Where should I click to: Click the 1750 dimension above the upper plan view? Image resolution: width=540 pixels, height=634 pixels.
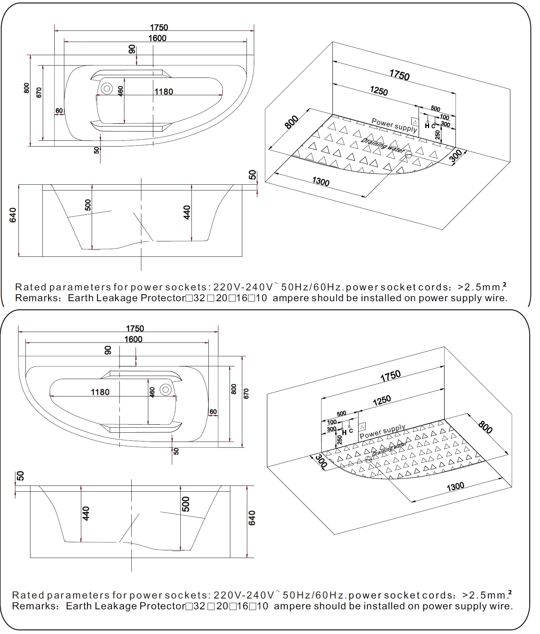159,28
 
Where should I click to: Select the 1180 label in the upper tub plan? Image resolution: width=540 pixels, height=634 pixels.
164,92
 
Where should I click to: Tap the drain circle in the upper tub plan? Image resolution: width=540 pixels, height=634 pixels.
106,89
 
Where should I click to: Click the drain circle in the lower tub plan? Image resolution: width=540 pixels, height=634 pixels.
166,390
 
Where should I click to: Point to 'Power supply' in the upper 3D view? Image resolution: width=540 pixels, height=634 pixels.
394,125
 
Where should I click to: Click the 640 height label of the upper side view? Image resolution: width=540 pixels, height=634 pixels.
13,215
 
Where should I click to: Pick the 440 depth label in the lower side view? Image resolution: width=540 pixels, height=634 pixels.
86,513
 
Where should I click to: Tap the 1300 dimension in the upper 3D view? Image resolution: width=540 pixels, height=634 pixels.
320,181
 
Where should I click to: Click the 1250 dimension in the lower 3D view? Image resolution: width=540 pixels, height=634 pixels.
382,401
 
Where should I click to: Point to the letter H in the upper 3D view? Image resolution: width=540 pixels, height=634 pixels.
427,126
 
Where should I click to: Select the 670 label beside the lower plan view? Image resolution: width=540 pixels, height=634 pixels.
247,393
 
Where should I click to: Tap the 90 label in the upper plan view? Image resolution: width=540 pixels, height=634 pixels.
132,49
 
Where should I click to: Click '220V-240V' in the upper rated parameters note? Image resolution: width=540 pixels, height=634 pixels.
243,287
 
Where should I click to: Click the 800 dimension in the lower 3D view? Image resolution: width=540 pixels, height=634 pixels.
485,427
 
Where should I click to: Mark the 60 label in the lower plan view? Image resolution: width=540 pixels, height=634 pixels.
213,412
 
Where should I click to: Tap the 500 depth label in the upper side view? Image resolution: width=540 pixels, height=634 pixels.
88,205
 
